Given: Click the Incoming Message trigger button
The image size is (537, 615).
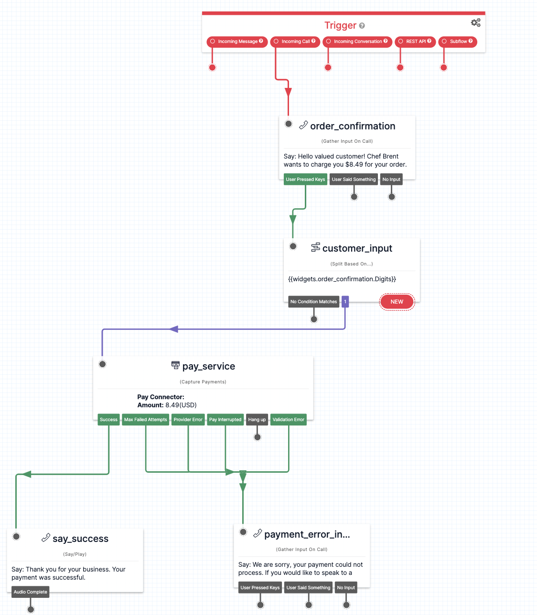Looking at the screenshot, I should (x=237, y=42).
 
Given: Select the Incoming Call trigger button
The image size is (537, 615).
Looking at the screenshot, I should (x=295, y=42).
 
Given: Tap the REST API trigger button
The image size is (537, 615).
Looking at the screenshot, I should (x=415, y=42).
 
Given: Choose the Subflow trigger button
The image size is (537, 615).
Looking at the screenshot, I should (x=458, y=42).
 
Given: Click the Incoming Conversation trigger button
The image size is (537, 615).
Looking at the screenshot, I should (x=357, y=42).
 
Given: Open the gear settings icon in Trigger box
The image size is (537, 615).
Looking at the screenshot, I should (x=476, y=23).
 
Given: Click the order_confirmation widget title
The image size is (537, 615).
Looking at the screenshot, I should (x=353, y=126).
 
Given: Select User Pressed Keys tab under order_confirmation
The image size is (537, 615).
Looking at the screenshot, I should (x=305, y=180).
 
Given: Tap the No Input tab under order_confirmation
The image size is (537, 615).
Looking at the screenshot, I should (x=391, y=180).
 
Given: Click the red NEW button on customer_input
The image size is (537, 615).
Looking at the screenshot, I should (x=397, y=302).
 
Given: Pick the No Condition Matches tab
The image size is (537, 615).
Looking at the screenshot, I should (x=313, y=302).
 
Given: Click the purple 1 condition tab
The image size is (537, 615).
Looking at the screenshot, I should (x=345, y=302).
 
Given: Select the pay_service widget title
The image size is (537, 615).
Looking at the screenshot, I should (x=208, y=366).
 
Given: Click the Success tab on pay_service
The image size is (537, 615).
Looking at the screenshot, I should (x=108, y=420).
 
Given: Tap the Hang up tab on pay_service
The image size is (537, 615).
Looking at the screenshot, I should (x=257, y=420).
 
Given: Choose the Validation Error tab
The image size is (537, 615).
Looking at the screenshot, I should (x=288, y=420).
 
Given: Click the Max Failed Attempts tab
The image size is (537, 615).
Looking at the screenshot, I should (x=146, y=420).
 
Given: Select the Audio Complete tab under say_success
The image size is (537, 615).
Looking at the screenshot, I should (x=31, y=592).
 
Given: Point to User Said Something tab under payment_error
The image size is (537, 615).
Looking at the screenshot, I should (x=308, y=588).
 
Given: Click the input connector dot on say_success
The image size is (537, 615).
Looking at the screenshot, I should (x=16, y=536).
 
